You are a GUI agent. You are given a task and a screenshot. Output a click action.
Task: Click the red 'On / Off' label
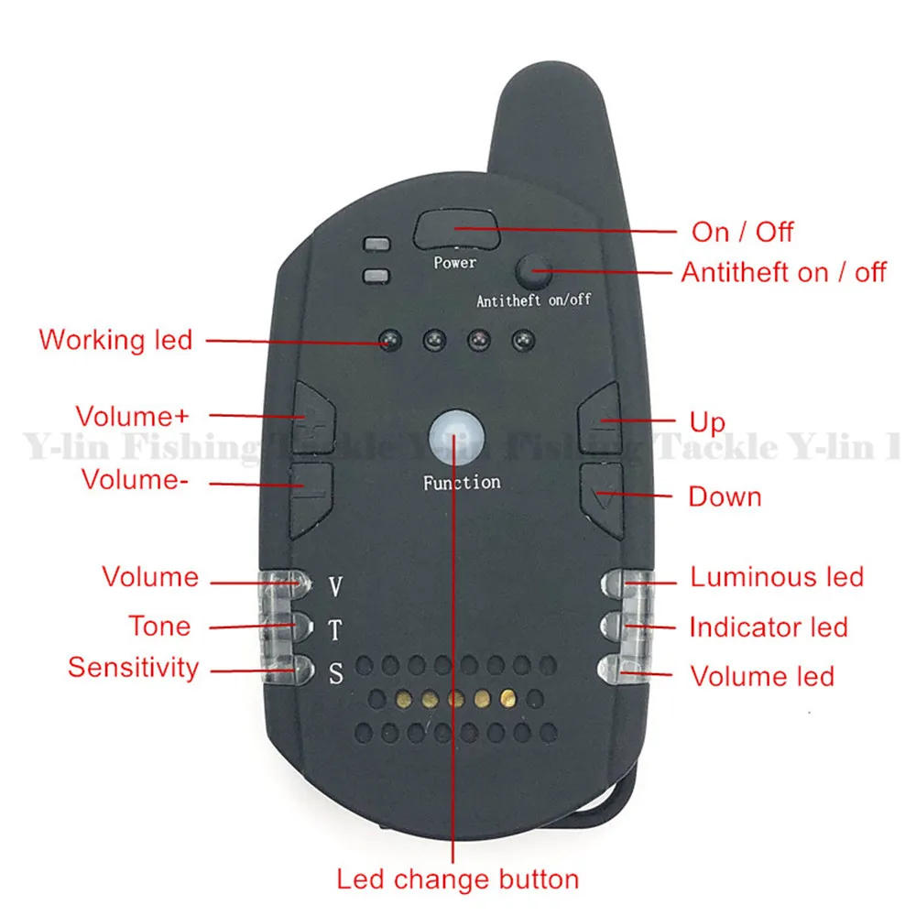tap(742, 231)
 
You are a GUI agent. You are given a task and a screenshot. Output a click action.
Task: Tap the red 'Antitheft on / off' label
tap(783, 272)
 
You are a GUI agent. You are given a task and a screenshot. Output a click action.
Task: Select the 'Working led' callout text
tap(115, 340)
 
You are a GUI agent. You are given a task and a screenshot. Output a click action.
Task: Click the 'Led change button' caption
tap(458, 880)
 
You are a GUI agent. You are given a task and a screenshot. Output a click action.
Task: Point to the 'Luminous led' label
tap(777, 577)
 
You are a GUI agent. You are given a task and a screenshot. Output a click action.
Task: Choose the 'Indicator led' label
tap(768, 627)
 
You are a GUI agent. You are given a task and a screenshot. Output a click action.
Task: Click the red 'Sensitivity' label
tap(133, 667)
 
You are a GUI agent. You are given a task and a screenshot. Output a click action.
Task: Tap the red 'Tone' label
tap(159, 627)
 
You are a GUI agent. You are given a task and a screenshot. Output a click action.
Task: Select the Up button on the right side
tap(601, 418)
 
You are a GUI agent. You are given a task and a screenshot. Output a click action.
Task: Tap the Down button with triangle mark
tap(601, 496)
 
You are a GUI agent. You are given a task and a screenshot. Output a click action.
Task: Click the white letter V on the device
tap(335, 584)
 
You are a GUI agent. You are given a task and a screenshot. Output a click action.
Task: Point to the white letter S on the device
tap(335, 675)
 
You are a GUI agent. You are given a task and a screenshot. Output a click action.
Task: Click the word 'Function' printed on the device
tap(462, 482)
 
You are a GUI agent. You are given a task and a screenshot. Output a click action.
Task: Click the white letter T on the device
tap(335, 630)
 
